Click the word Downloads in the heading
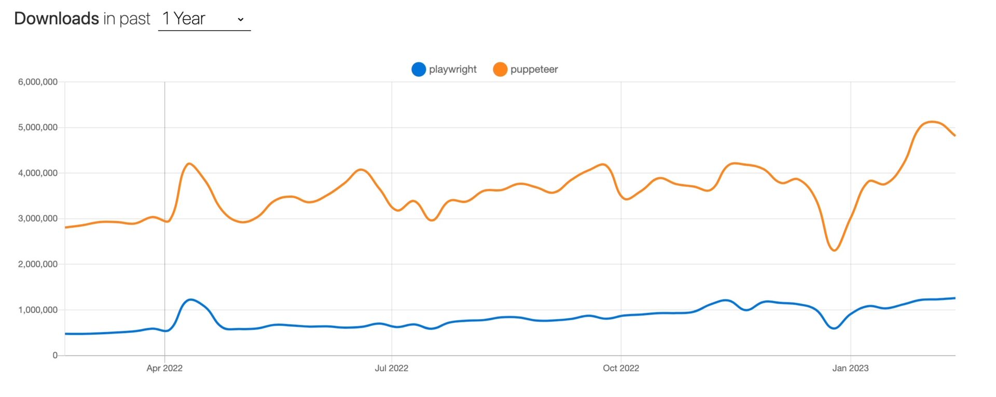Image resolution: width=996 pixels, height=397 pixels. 57,19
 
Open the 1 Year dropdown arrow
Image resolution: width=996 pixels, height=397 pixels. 241,20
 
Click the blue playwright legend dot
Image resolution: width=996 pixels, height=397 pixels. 419,70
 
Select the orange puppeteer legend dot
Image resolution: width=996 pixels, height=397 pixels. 500,70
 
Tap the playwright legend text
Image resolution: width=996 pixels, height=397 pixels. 452,70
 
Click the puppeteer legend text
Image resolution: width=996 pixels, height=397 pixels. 534,70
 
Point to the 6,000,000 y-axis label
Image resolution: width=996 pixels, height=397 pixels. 38,82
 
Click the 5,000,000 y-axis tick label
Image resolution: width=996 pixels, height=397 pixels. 38,128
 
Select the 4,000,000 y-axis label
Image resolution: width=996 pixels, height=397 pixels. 38,173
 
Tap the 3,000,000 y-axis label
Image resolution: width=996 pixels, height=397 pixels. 38,218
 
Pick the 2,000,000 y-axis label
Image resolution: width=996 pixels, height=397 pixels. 38,264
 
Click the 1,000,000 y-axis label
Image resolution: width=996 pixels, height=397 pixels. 38,310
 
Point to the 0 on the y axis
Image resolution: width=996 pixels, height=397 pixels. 55,355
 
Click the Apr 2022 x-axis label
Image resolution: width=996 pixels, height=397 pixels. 164,368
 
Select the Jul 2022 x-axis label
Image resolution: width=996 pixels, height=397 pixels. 392,368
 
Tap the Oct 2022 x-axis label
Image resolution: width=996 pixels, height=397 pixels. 621,368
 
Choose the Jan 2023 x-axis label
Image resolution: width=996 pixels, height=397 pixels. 850,368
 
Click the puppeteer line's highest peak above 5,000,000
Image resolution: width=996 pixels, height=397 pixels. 932,122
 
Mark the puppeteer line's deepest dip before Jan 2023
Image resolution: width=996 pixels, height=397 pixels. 834,251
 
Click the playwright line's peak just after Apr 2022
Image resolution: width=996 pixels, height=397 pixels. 191,299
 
